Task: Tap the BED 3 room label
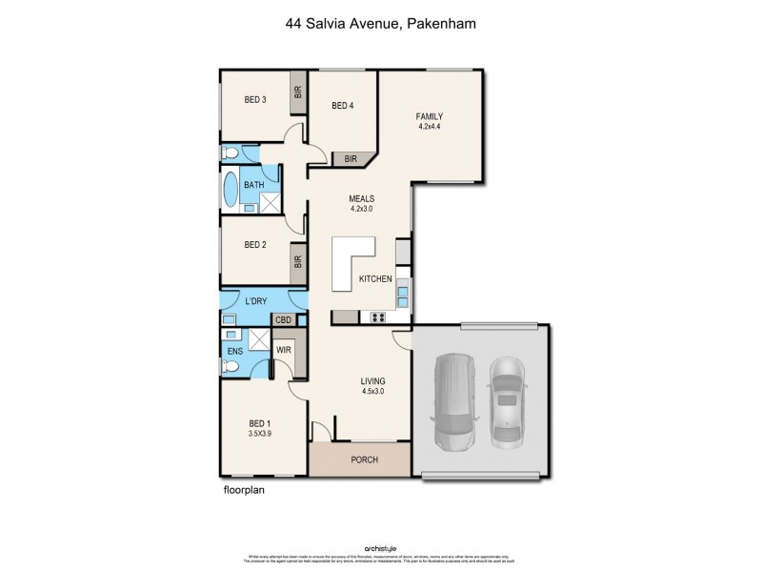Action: click(x=254, y=100)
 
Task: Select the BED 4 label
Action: click(x=343, y=106)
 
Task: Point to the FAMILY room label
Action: click(x=429, y=116)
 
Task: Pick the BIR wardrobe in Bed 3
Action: click(x=298, y=92)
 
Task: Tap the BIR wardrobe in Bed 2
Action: click(x=298, y=259)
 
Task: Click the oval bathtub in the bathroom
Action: click(x=230, y=189)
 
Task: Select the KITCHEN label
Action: click(x=375, y=278)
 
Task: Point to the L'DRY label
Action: click(x=254, y=301)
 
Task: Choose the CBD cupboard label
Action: click(x=283, y=320)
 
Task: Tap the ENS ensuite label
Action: click(x=234, y=351)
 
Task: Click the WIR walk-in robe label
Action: click(x=283, y=351)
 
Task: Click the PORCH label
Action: click(x=365, y=460)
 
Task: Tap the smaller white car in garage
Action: click(x=505, y=401)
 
